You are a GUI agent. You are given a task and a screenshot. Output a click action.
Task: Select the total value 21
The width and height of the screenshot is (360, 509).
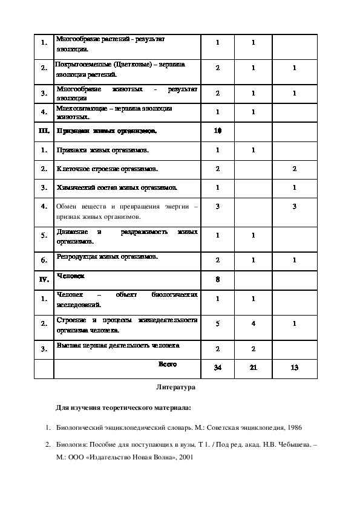point(254,368)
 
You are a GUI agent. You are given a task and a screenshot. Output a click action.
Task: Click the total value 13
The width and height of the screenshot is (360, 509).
point(294,368)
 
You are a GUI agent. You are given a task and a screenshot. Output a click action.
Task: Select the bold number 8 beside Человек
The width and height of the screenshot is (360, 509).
point(218,279)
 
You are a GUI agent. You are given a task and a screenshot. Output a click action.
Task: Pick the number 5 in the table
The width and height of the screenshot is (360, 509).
point(218,323)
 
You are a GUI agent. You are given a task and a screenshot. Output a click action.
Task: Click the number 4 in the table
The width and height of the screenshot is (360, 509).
point(254,323)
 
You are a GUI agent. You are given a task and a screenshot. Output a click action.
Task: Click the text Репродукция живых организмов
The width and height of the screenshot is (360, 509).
point(106,256)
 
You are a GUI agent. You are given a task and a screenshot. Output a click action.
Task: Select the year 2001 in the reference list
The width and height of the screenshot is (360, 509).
point(183,458)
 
